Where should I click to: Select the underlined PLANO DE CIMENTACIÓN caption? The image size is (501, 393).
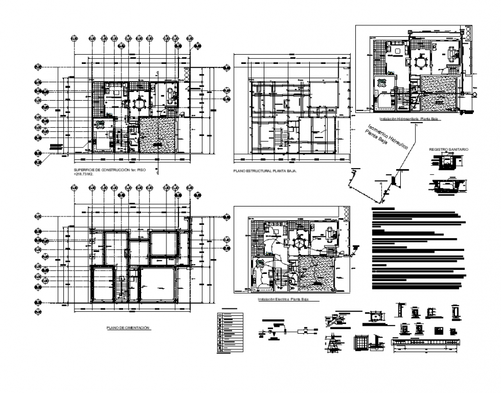128,328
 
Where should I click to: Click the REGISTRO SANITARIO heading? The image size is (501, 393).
449,150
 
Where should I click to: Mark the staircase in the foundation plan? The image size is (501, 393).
123,286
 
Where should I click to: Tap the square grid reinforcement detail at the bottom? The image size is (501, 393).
362,342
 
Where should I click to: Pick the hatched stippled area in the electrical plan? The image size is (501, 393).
316,273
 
